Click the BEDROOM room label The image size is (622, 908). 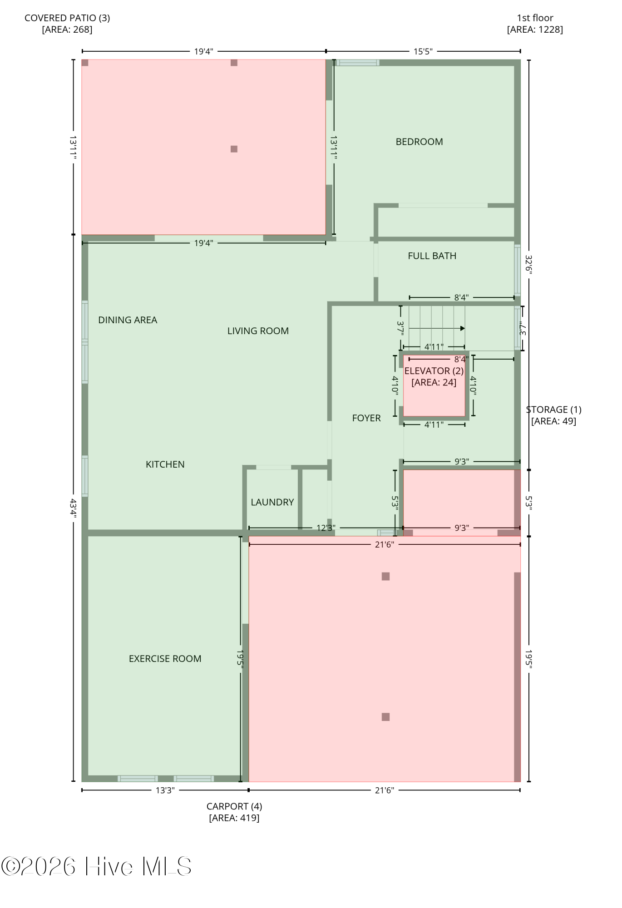pyautogui.click(x=419, y=142)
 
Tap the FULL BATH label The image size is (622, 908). pyautogui.click(x=432, y=256)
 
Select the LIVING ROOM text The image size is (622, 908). pyautogui.click(x=258, y=331)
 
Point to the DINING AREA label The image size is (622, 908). pyautogui.click(x=128, y=320)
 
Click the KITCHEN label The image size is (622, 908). pyautogui.click(x=165, y=464)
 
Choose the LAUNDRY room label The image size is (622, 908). pyautogui.click(x=272, y=502)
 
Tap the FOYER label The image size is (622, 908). pyautogui.click(x=366, y=418)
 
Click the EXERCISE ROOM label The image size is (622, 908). pyautogui.click(x=165, y=659)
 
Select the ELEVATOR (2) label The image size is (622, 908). pyautogui.click(x=434, y=371)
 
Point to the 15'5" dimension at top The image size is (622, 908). pyautogui.click(x=423, y=51)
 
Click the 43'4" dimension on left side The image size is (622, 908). pyautogui.click(x=73, y=508)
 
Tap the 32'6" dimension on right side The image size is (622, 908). pyautogui.click(x=529, y=264)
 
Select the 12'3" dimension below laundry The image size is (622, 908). pyautogui.click(x=326, y=528)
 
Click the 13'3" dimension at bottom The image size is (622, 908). pyautogui.click(x=165, y=790)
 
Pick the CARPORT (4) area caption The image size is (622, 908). pyautogui.click(x=234, y=807)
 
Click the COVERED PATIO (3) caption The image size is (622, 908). pyautogui.click(x=67, y=18)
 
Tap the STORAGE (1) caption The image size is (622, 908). pyautogui.click(x=553, y=410)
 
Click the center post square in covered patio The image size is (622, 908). pyautogui.click(x=234, y=149)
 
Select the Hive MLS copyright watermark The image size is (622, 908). pyautogui.click(x=96, y=867)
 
